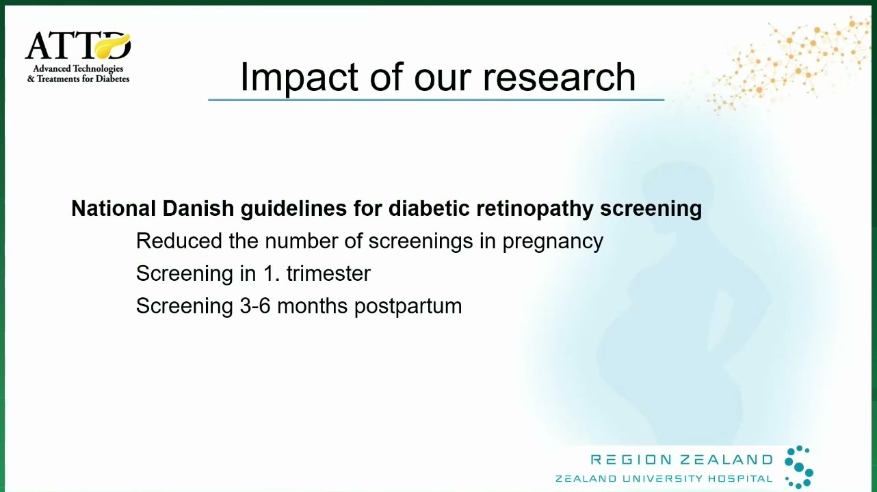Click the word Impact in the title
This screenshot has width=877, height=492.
coord(299,77)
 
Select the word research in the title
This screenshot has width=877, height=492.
coord(559,77)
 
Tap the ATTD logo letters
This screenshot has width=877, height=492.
coord(78,45)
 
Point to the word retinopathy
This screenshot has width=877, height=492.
coord(535,209)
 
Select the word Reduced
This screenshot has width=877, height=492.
coord(179,241)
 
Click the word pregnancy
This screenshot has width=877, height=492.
coord(553,242)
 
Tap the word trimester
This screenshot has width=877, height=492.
coord(328,273)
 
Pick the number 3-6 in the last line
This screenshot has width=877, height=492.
coord(255,305)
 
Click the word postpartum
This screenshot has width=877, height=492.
coord(408,307)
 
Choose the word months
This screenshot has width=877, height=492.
coord(312,305)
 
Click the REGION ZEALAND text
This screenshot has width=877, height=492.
coord(681,459)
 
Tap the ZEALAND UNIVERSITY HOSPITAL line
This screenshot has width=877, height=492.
coord(664,478)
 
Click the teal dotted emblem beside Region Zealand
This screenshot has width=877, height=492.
coord(799,467)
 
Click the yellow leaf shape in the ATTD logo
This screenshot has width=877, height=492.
coord(112,46)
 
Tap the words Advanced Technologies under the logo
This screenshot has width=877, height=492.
coord(78,68)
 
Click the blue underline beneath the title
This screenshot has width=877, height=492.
coord(436,100)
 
